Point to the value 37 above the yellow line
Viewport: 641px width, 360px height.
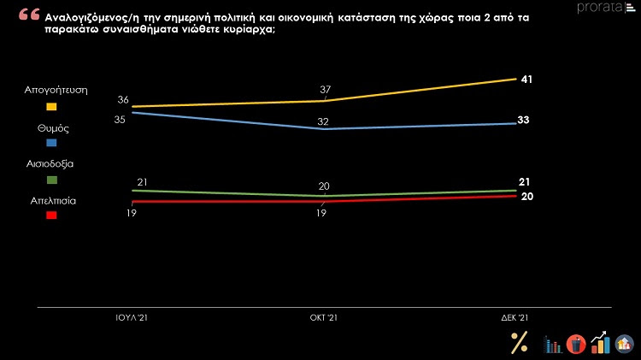click(325, 89)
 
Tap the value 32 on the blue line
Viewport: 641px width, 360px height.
click(323, 121)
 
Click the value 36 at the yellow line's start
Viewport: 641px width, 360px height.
click(123, 100)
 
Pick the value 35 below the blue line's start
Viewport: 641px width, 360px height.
click(121, 119)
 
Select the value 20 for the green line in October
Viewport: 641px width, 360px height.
click(323, 186)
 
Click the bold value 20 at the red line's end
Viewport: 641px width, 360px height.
click(526, 196)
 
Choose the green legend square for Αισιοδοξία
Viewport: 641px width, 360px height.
click(51, 180)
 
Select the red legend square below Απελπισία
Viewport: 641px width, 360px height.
click(51, 215)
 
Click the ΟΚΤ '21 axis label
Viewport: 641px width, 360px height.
click(323, 317)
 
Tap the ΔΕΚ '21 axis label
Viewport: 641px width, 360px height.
click(515, 317)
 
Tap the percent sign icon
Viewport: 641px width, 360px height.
click(519, 342)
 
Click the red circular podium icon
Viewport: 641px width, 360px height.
click(575, 344)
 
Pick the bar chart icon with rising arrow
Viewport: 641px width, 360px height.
click(601, 343)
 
